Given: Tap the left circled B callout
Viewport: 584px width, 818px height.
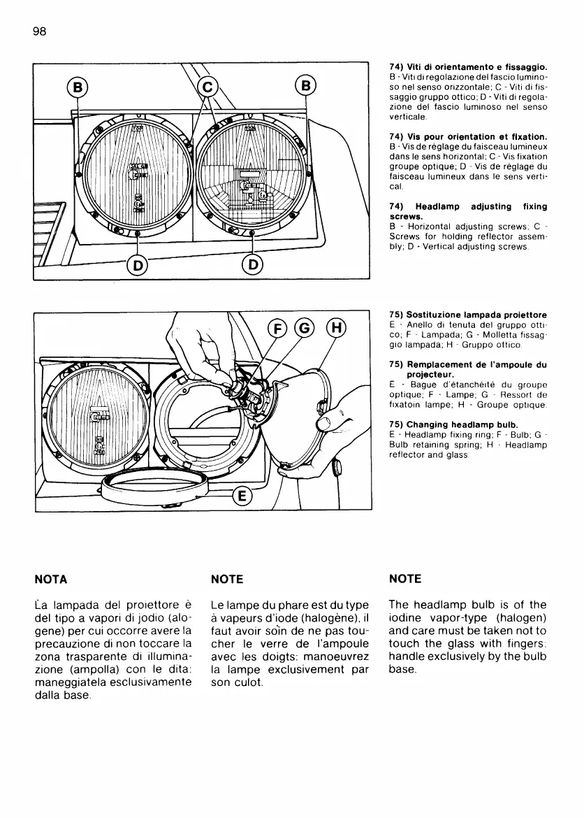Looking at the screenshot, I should tap(78, 87).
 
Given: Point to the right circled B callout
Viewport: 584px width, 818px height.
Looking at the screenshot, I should tap(305, 87).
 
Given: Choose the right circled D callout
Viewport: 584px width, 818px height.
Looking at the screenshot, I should tap(252, 264).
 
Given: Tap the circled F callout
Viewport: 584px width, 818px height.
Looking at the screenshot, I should tap(278, 329).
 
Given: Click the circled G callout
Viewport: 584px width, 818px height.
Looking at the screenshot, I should tap(305, 329).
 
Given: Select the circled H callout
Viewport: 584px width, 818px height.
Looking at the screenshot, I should tap(337, 329).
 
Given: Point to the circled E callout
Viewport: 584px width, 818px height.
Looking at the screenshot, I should tap(242, 496).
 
